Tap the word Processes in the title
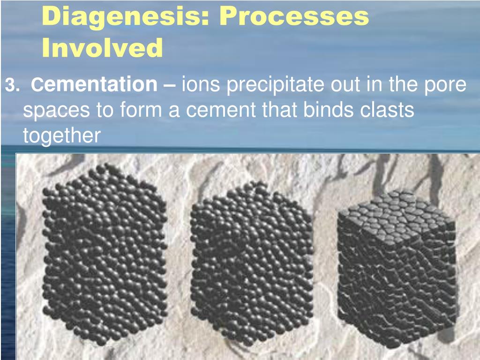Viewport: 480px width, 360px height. pyautogui.click(x=294, y=16)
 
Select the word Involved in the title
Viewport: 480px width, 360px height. pyautogui.click(x=102, y=47)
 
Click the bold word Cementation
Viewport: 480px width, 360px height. pyautogui.click(x=94, y=84)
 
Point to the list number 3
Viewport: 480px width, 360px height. pyautogui.click(x=13, y=85)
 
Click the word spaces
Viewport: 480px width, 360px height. pyautogui.click(x=57, y=111)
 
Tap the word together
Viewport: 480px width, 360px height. pyautogui.click(x=62, y=136)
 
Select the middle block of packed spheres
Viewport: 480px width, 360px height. pyautogui.click(x=252, y=264)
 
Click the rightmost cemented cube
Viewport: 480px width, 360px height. pyautogui.click(x=397, y=270)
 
